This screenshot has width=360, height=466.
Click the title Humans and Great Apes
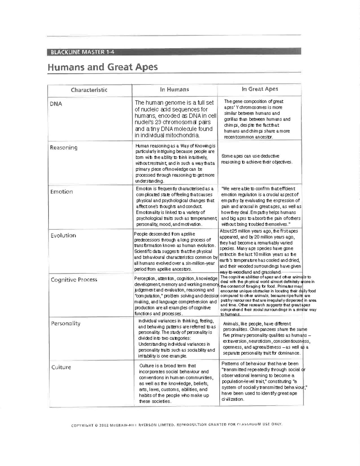103,67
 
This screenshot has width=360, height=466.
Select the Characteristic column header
89,90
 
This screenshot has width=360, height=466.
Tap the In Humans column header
174,89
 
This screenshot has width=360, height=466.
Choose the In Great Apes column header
260,89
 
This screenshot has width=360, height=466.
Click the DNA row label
56,104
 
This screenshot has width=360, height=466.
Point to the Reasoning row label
64,148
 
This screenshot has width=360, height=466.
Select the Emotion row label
61,192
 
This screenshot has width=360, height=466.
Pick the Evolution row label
63,236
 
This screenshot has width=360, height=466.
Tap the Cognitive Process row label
74,280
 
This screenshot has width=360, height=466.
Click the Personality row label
66,323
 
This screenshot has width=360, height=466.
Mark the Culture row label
61,367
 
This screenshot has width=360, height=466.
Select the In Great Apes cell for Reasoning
256,159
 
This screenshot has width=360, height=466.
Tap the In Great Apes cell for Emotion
261,206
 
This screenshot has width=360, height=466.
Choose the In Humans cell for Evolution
175,251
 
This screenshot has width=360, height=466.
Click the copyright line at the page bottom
177,425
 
